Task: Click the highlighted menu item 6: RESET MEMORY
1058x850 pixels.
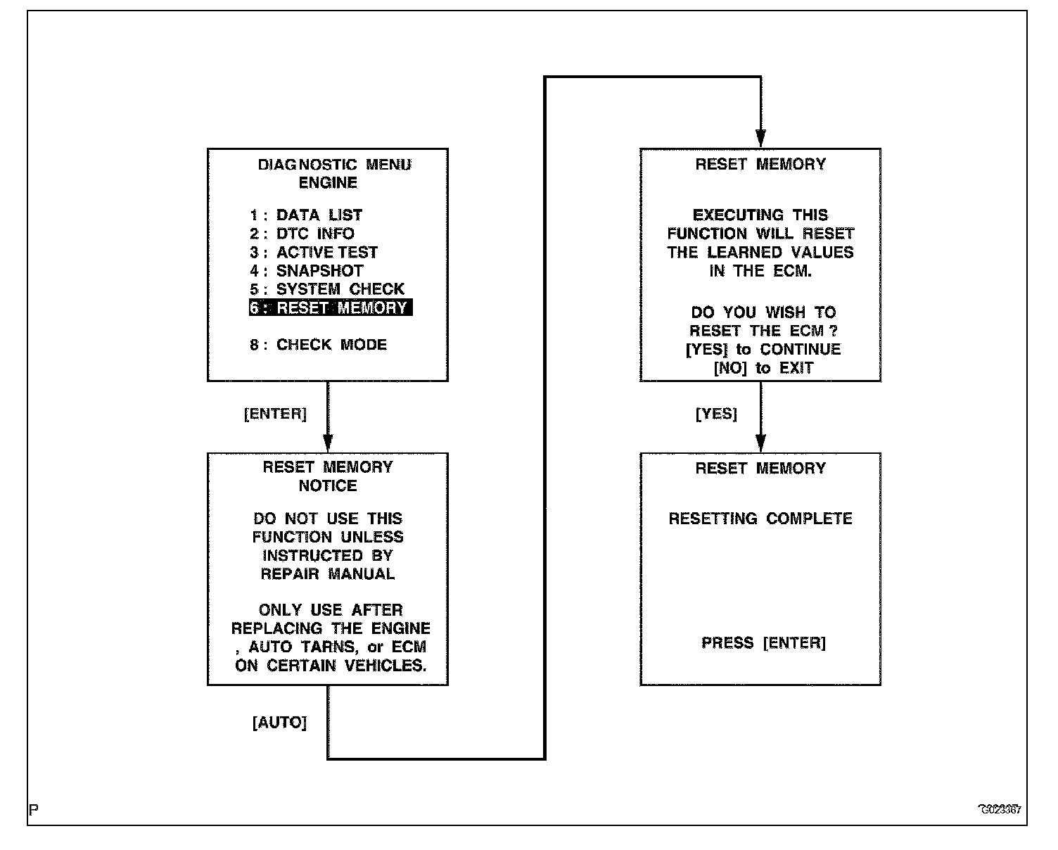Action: tap(330, 308)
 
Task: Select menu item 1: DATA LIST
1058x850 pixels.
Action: tap(306, 215)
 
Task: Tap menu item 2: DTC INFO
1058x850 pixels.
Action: tap(302, 234)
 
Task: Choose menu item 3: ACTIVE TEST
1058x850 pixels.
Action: tap(314, 253)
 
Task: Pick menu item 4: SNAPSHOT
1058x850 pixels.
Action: tap(306, 271)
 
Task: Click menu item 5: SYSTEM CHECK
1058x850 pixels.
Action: tap(326, 289)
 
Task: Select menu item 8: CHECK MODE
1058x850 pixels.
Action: tap(318, 345)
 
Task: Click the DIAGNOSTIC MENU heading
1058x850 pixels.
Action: tap(334, 165)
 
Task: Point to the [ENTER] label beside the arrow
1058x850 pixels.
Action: tap(275, 414)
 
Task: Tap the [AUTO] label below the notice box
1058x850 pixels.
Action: tap(279, 723)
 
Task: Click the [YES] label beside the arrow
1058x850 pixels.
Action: tap(716, 414)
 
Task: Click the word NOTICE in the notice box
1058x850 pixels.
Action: tap(328, 486)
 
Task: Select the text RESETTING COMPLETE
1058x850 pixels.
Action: tap(760, 519)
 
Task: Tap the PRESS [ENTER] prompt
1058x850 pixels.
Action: tap(763, 642)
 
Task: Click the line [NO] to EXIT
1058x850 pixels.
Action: tap(763, 368)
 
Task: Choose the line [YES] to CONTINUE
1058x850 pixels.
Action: tap(763, 350)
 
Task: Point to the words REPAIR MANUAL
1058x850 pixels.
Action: tap(328, 574)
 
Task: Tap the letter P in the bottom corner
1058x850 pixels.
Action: tap(34, 809)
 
